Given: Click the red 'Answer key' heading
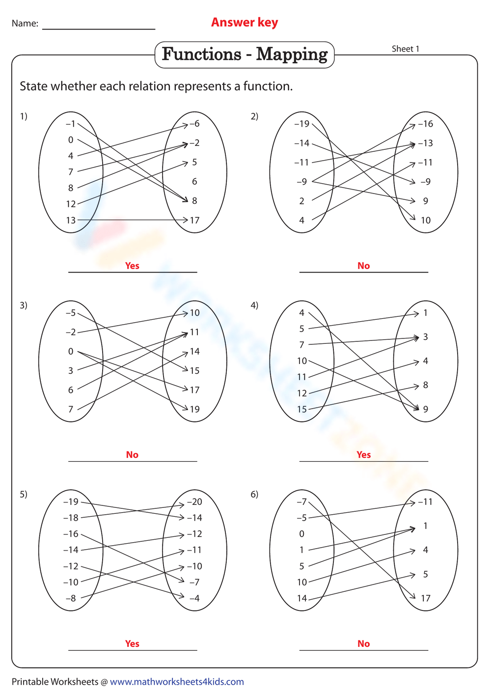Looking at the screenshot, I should pyautogui.click(x=245, y=23).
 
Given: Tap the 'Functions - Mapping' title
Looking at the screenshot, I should pyautogui.click(x=245, y=54).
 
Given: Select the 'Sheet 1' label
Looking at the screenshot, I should pyautogui.click(x=406, y=49).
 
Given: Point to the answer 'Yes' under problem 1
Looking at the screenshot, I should pyautogui.click(x=132, y=266).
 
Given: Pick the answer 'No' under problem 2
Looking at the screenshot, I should pyautogui.click(x=363, y=266).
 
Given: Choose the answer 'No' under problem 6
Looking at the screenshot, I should pyautogui.click(x=363, y=644).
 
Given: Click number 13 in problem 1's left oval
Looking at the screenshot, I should pyautogui.click(x=71, y=221).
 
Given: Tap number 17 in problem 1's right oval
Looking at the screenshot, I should pyautogui.click(x=195, y=221).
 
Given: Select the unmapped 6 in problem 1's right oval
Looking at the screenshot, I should pyautogui.click(x=195, y=182).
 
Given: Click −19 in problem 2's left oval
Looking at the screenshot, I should pyautogui.click(x=301, y=124).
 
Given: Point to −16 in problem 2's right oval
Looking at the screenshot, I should pyautogui.click(x=425, y=124).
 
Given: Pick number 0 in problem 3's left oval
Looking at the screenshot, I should pyautogui.click(x=71, y=352).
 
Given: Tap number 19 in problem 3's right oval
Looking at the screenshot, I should pyautogui.click(x=195, y=409).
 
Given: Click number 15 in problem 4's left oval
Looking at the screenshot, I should pyautogui.click(x=301, y=409).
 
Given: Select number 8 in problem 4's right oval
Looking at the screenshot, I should pyautogui.click(x=426, y=385).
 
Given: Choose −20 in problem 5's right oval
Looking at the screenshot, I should pyautogui.click(x=194, y=502).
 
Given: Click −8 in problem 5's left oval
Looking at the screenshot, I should pyautogui.click(x=71, y=598).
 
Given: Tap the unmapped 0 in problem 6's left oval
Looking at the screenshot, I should pyautogui.click(x=301, y=534).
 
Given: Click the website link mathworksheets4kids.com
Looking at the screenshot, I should pyautogui.click(x=177, y=682).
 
